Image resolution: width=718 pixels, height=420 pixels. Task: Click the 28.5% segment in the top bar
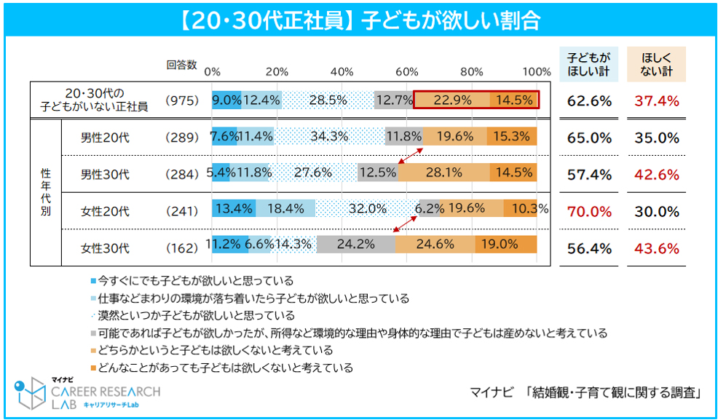pyautogui.click(x=328, y=100)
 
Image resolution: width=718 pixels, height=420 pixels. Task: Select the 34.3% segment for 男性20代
pyautogui.click(x=329, y=136)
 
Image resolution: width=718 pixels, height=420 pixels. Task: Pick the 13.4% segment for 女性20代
pyautogui.click(x=234, y=209)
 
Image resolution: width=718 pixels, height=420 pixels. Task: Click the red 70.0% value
pyautogui.click(x=589, y=211)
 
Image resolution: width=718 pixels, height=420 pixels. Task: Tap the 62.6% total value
pyautogui.click(x=589, y=101)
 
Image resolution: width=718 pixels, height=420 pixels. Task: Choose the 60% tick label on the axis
pyautogui.click(x=407, y=71)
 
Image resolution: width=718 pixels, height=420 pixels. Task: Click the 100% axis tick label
pyautogui.click(x=537, y=71)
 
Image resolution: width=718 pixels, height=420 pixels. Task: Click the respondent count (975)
pyautogui.click(x=181, y=101)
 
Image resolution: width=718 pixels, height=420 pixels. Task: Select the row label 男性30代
pyautogui.click(x=105, y=175)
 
